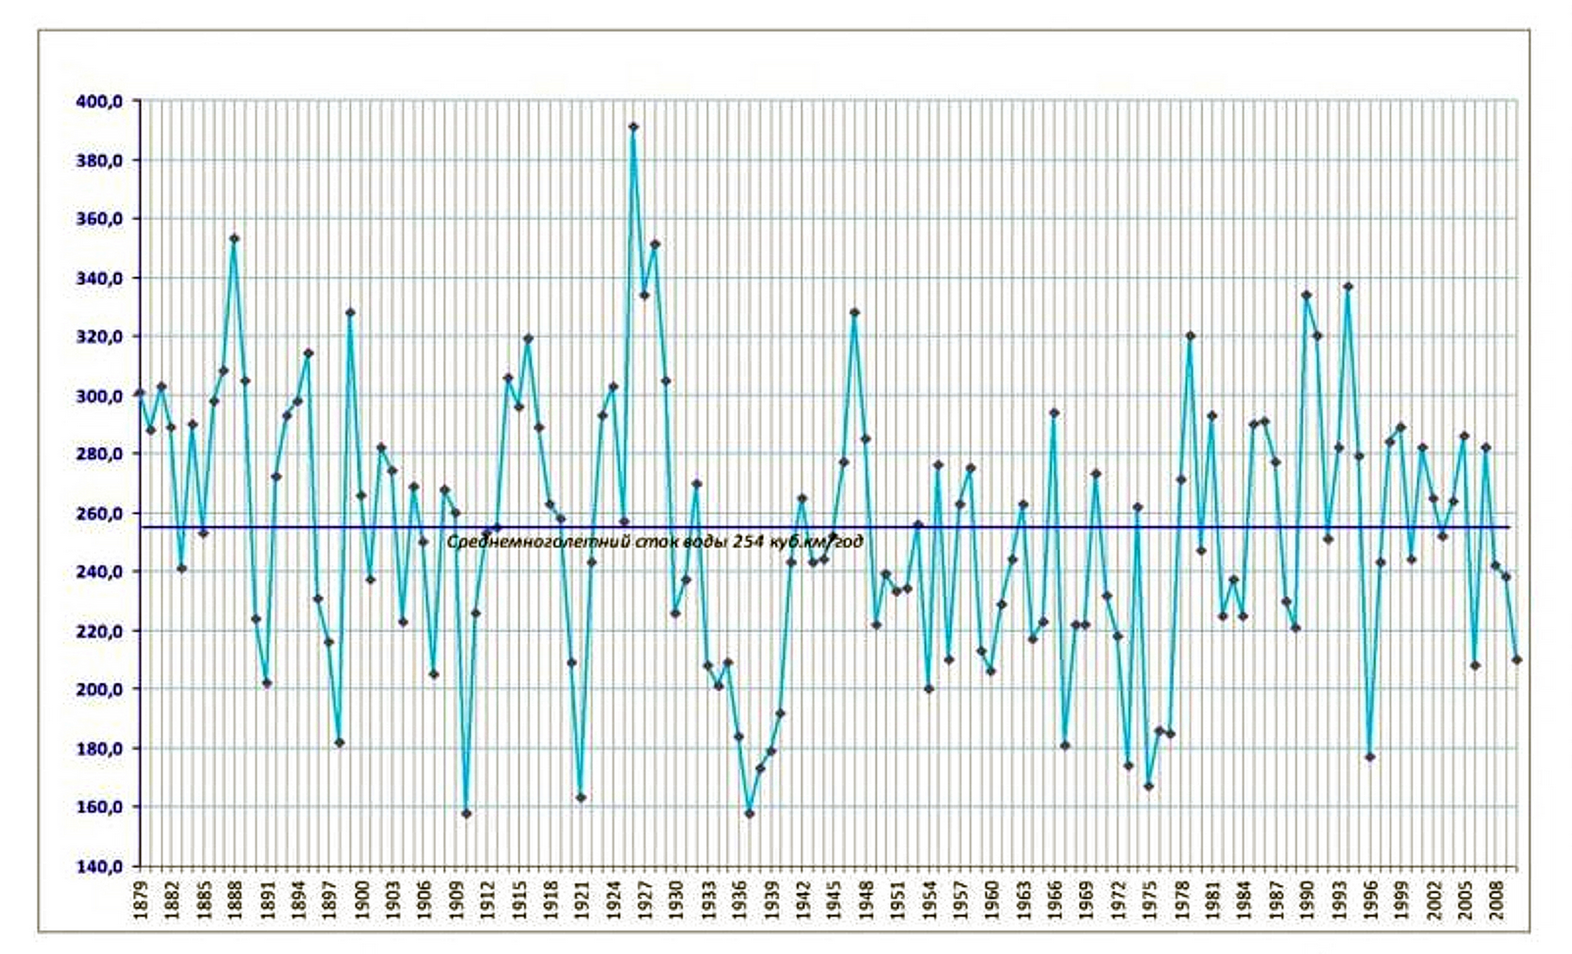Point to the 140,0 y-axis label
point(99,867)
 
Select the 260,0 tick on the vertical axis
point(99,514)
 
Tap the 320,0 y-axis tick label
point(99,338)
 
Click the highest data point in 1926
point(633,127)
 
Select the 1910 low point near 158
point(467,814)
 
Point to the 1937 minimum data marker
point(750,814)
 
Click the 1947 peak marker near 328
point(855,312)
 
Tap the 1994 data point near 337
point(1348,287)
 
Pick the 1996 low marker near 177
point(1370,757)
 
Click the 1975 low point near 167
point(1149,786)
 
